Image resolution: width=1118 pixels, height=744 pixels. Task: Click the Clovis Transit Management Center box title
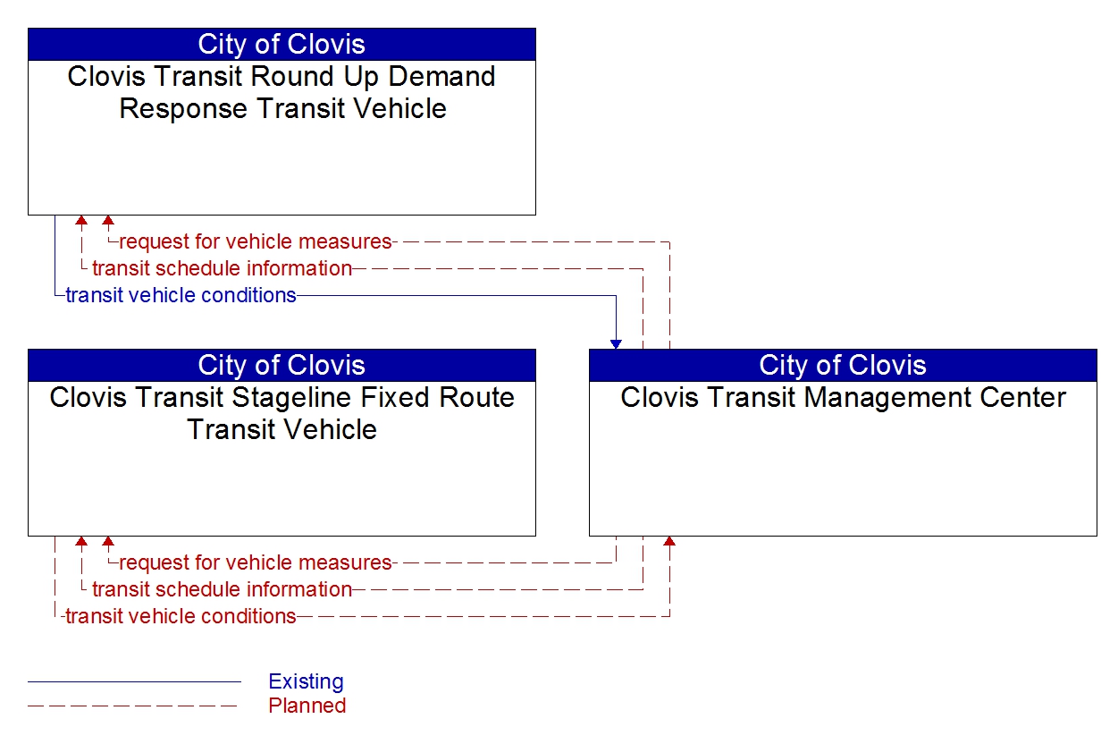843,397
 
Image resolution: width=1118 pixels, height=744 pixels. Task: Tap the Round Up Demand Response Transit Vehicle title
282,92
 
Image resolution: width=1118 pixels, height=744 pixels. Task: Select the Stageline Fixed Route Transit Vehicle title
282,413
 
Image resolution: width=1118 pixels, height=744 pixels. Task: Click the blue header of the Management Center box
843,365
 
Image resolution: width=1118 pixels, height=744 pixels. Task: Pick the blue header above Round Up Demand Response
282,44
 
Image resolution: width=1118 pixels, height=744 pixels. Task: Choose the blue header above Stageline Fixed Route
282,365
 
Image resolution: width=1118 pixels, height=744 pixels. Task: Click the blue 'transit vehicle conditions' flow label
181,295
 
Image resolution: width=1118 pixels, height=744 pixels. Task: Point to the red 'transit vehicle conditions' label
181,616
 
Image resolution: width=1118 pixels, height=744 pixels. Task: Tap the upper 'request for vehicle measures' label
256,241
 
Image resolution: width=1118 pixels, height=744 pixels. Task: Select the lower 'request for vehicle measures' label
256,562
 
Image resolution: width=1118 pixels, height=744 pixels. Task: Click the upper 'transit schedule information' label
222,268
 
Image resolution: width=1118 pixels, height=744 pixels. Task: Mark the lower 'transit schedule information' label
222,589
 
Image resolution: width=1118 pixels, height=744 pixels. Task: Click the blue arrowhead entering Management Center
616,344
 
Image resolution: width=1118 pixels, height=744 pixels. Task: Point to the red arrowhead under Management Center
669,541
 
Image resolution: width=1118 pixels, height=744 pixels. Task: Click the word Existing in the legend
306,681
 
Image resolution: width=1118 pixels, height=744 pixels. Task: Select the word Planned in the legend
307,706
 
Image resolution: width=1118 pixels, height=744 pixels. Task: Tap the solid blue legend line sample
134,681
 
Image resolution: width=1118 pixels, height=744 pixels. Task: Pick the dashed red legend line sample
134,706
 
